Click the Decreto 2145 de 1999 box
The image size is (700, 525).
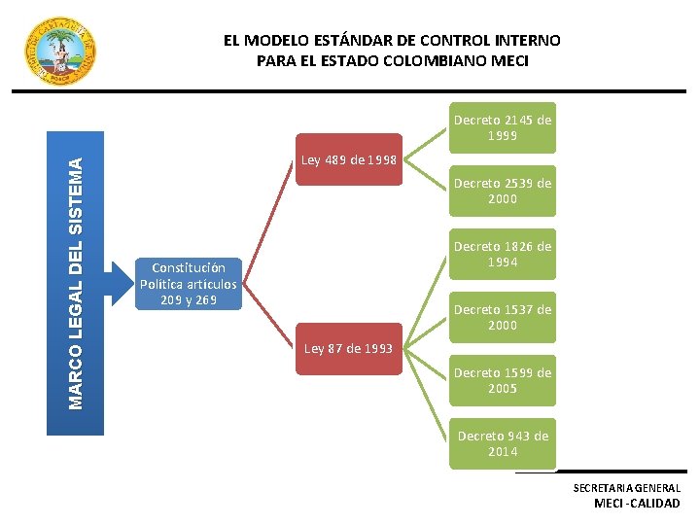[502, 127]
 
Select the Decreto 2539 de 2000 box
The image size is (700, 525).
[502, 191]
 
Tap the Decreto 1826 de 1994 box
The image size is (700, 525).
[502, 254]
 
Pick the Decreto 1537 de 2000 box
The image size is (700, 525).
[502, 317]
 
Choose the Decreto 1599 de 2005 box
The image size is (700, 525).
[502, 380]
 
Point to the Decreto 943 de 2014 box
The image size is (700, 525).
[502, 443]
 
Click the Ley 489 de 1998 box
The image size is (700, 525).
[348, 159]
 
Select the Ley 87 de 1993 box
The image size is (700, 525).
[348, 347]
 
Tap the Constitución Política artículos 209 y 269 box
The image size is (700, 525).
[188, 284]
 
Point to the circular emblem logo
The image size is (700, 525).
[59, 51]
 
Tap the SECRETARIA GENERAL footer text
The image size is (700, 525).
[626, 487]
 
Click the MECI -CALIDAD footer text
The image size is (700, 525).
[637, 503]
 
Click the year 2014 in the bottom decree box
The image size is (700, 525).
[502, 451]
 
